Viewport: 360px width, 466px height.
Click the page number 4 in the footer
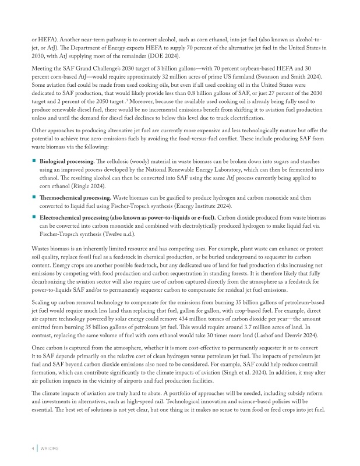tap(33, 449)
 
